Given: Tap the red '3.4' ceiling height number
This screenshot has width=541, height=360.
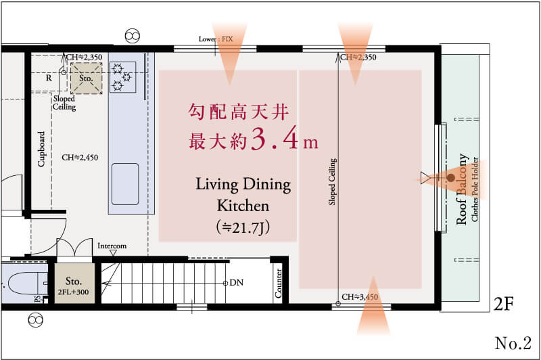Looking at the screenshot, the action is tap(275, 139).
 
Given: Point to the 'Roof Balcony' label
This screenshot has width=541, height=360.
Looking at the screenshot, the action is tap(463, 189).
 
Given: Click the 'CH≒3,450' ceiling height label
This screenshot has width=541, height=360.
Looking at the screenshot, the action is tap(360, 297).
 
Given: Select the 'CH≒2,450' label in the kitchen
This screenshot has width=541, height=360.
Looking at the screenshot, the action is tap(80, 158).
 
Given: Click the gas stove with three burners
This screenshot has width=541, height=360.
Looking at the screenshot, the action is tap(122, 77).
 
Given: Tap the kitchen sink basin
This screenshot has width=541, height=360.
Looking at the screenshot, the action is tap(125, 184).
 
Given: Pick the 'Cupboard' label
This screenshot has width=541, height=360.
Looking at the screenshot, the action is tap(41, 149).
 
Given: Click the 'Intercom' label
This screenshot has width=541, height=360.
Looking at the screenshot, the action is tap(112, 246).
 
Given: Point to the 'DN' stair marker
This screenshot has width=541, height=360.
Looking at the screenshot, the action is tap(236, 283).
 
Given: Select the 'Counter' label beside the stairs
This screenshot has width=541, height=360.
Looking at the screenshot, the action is tap(279, 284).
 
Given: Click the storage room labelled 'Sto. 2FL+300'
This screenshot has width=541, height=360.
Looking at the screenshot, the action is tap(74, 284).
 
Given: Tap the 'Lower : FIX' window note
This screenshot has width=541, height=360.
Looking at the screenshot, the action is tap(216, 39).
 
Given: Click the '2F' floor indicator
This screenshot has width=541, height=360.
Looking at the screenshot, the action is tap(504, 304).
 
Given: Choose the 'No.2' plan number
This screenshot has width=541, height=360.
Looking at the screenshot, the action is tap(513, 343).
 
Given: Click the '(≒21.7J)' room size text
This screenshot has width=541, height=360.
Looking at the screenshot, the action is tap(243, 227).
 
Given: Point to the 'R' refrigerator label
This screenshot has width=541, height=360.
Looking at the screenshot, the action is tap(49, 78).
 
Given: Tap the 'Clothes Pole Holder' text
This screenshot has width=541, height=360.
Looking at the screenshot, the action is tap(475, 189).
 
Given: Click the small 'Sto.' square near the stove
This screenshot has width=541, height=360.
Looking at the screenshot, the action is tap(87, 78).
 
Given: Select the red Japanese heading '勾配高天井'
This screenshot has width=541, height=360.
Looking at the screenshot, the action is tap(239, 112).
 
